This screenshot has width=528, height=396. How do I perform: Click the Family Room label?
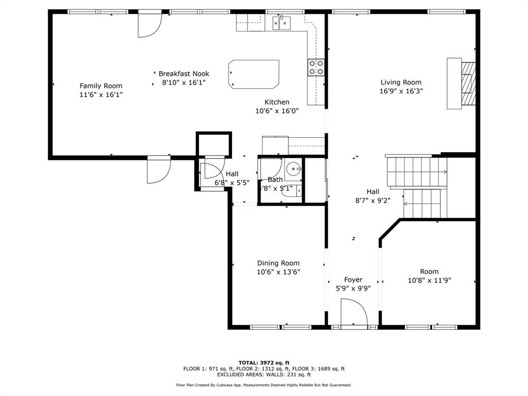101,86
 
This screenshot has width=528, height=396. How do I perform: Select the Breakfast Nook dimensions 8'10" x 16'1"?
184,82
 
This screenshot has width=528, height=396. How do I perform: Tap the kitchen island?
254,74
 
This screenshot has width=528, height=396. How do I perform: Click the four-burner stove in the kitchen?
316,68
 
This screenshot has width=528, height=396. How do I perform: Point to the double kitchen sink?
282,23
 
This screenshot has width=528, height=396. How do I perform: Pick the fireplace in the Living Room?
461,84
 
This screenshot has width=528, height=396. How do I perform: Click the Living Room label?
401,82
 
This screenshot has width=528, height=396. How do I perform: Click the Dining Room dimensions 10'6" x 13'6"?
278,272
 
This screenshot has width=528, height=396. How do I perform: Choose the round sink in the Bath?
293,168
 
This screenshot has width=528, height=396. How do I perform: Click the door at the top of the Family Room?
150,25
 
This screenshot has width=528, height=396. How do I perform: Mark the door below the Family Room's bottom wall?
158,170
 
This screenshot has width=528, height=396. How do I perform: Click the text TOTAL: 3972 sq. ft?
263,362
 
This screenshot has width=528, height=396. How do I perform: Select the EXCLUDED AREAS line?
263,375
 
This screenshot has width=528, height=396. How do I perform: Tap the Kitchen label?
277,102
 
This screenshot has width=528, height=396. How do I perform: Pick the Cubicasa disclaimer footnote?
263,385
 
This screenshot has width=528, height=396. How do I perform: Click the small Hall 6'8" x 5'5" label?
232,174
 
